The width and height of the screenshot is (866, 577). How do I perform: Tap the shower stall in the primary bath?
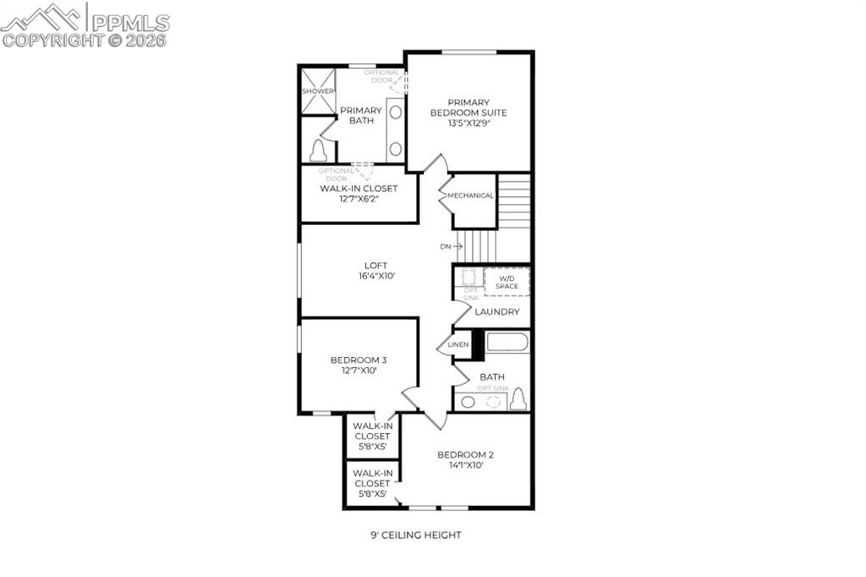(x=318, y=91)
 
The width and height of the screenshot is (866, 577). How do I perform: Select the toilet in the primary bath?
(x=318, y=151)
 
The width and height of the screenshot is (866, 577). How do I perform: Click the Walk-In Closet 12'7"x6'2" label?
(x=359, y=194)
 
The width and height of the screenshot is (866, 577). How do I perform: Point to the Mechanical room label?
(x=471, y=195)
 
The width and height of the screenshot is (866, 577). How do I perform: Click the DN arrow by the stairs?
(x=451, y=246)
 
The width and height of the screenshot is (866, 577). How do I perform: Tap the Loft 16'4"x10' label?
(x=353, y=270)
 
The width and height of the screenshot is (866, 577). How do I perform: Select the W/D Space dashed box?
(x=507, y=282)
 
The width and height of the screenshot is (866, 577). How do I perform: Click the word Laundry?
(x=497, y=311)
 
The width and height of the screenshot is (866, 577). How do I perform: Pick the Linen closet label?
(x=458, y=344)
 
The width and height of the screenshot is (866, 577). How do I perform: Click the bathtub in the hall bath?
(x=507, y=343)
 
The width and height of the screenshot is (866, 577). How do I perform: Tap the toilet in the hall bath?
(x=518, y=398)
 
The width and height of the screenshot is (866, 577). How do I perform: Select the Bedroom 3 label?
(x=359, y=365)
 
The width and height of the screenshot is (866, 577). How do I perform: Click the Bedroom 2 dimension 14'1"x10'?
(x=465, y=465)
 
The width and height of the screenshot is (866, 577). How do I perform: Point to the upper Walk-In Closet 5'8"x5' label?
(x=372, y=436)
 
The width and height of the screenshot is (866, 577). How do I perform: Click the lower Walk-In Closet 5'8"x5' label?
(x=372, y=483)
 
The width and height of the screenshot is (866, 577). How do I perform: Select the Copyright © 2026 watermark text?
(x=85, y=40)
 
